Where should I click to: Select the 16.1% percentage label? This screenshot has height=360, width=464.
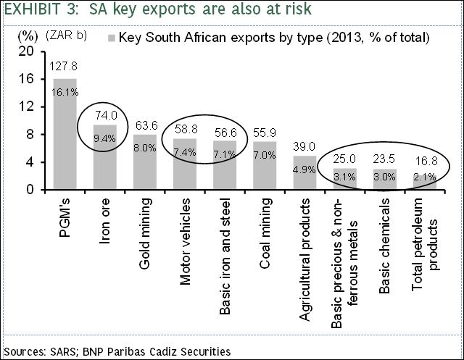tap(65, 92)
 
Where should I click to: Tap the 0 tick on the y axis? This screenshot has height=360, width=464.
tap(30, 190)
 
